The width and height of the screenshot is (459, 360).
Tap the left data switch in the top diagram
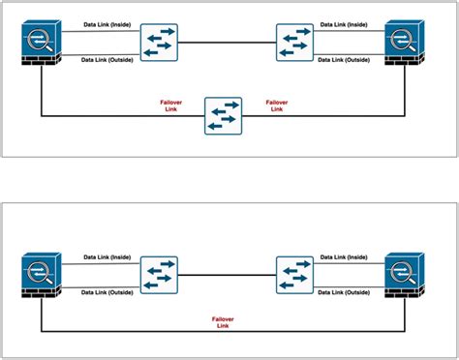click(x=160, y=43)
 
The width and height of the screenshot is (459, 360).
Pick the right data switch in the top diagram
click(x=294, y=43)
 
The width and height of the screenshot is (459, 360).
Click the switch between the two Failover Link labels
click(x=224, y=116)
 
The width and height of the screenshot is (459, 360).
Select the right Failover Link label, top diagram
click(x=277, y=105)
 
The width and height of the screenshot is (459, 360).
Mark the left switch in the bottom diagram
click(x=160, y=275)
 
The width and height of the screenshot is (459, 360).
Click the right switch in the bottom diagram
click(x=294, y=275)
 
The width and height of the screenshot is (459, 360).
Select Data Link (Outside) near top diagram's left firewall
click(x=107, y=60)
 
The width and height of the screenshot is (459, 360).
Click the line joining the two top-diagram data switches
click(x=227, y=43)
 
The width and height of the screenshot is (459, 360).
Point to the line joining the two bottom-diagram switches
click(x=227, y=275)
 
